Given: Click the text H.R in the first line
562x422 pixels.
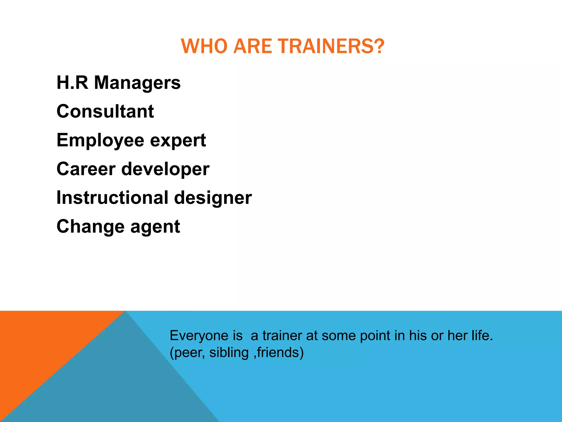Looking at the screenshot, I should tap(72, 82).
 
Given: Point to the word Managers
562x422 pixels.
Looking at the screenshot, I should tap(137, 83).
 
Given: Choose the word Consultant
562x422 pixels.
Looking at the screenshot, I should tap(105, 111).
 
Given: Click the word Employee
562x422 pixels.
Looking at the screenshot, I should tap(100, 141).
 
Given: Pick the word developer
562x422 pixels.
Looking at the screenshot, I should tap(165, 169).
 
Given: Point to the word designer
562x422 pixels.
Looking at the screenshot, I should tap(213, 198).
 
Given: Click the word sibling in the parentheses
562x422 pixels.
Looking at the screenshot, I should tap(229, 352).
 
